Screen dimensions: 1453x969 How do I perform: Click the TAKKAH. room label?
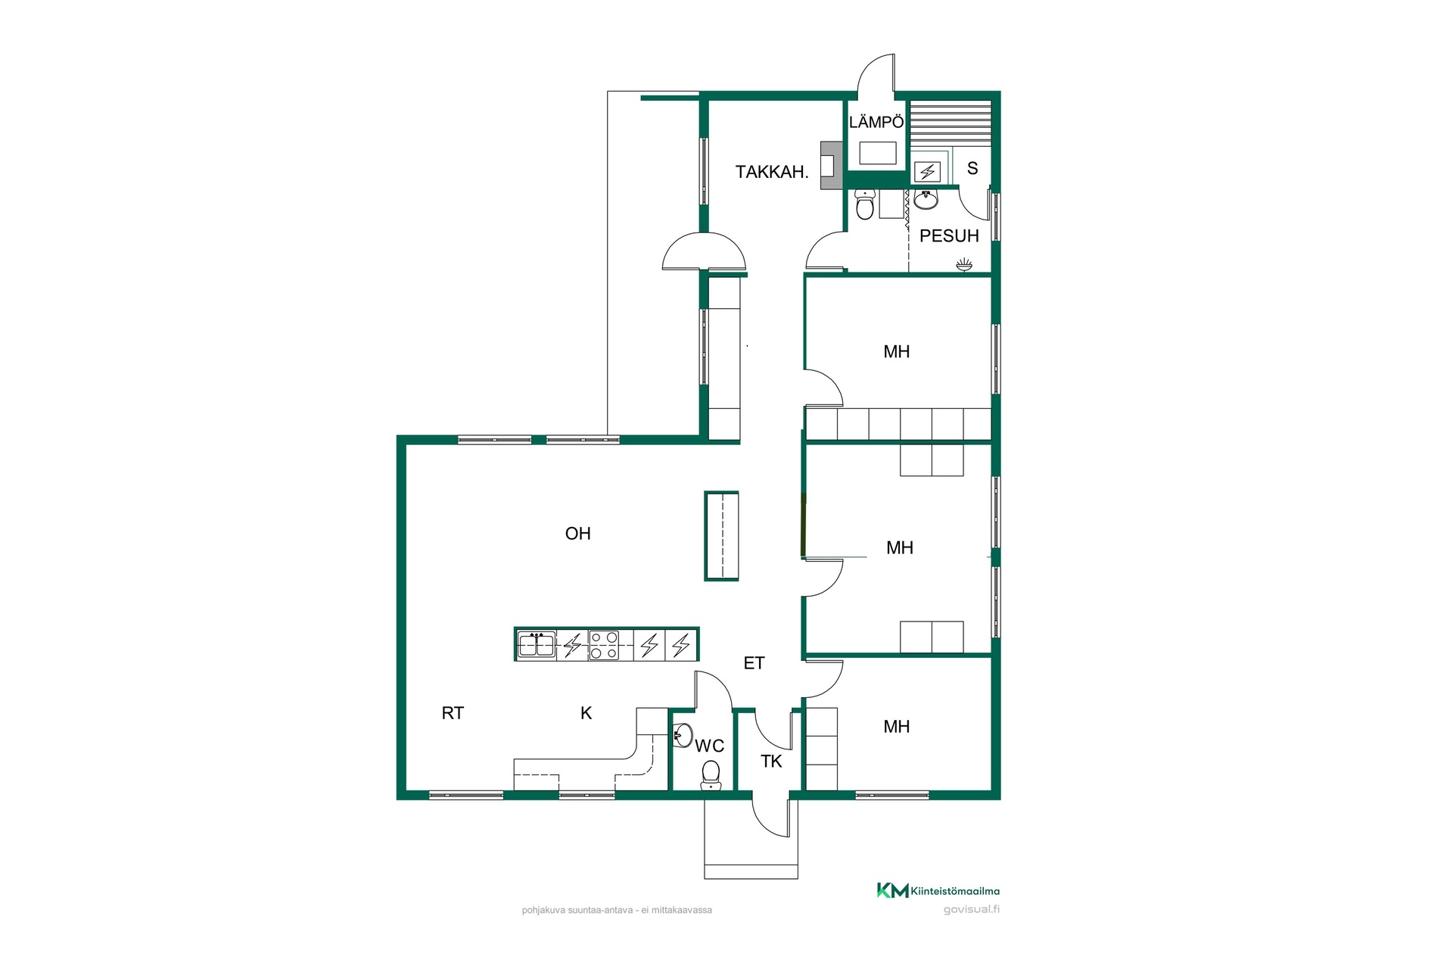[772, 172]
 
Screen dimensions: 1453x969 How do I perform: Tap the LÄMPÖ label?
[876, 122]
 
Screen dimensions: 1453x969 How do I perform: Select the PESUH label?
[949, 236]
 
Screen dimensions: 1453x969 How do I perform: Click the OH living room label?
[577, 534]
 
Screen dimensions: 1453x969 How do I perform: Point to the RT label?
[453, 713]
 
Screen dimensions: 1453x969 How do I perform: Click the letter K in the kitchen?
[586, 713]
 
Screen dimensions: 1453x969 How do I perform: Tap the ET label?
[754, 663]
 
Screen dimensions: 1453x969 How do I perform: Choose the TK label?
[771, 762]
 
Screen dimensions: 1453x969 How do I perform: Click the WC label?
[710, 746]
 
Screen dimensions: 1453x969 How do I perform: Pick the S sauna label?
[972, 169]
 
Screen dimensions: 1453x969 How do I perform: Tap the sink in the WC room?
[683, 734]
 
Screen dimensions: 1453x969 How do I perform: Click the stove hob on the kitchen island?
[604, 646]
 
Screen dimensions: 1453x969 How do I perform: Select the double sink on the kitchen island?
[537, 645]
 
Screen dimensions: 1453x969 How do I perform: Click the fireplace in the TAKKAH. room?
[831, 165]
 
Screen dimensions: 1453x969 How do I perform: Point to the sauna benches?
[951, 128]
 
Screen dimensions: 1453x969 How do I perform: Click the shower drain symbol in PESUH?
[963, 264]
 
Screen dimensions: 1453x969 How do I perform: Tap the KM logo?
[893, 890]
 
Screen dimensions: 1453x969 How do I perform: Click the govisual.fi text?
[972, 910]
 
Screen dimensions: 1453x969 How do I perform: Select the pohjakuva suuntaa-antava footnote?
[617, 911]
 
